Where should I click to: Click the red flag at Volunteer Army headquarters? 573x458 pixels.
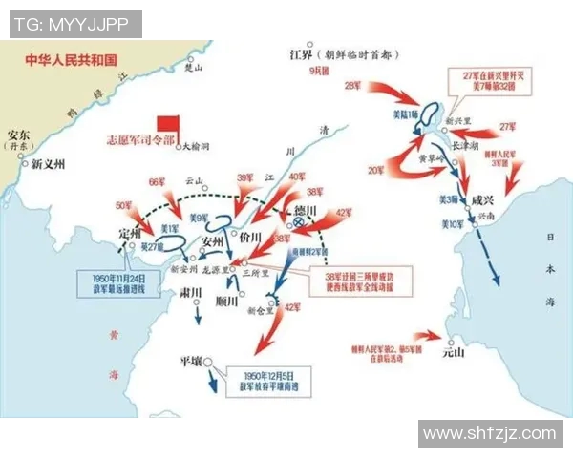click(169, 126)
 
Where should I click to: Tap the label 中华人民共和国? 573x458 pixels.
click(72, 58)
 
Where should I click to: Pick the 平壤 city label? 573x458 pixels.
click(190, 362)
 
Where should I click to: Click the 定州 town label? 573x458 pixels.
click(131, 232)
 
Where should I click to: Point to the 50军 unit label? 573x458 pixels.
click(124, 205)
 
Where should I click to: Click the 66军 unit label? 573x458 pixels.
click(158, 181)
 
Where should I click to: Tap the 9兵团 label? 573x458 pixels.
click(318, 73)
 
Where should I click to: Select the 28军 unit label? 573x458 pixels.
click(352, 86)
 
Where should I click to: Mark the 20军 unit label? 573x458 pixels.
click(376, 171)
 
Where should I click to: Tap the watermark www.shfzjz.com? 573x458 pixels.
click(489, 434)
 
